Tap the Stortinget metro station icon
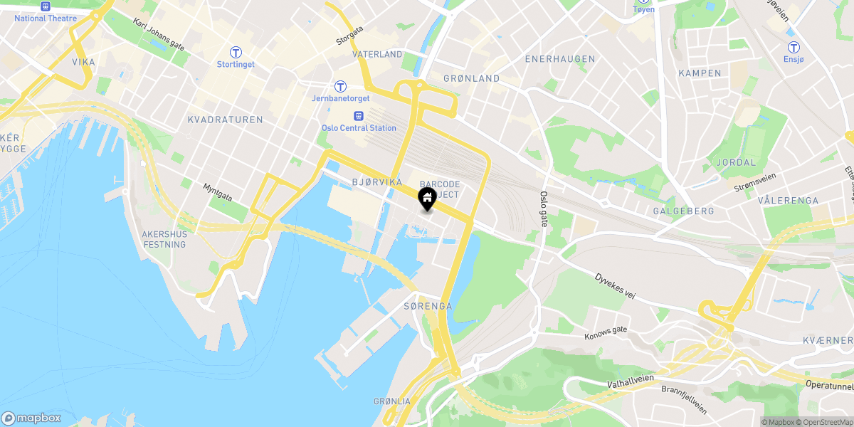(x=235, y=52)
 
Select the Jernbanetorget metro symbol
(x=341, y=86)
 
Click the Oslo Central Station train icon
(x=358, y=115)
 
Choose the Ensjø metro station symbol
(x=793, y=48)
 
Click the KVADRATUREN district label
(x=226, y=120)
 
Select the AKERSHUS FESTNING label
(x=164, y=239)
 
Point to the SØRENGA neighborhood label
(x=428, y=306)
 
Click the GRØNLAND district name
(x=471, y=78)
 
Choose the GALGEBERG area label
(x=683, y=211)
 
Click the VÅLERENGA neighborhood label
(x=789, y=201)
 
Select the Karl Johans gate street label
(x=159, y=34)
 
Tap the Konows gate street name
(x=606, y=332)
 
